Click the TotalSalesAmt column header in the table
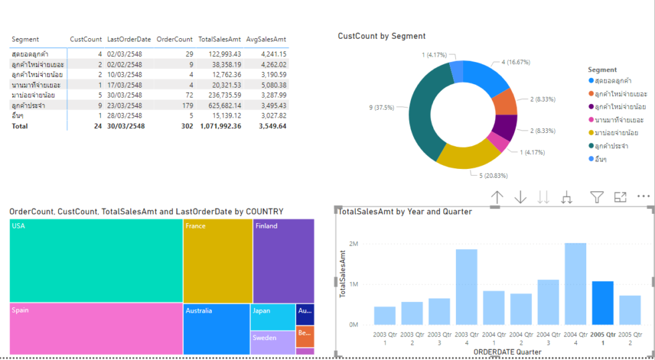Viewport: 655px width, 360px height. click(x=219, y=39)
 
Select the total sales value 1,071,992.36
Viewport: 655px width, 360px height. click(x=220, y=126)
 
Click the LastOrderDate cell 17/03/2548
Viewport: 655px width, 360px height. click(x=124, y=85)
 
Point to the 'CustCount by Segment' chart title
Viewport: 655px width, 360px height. click(x=382, y=36)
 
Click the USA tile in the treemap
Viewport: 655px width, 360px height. click(x=96, y=260)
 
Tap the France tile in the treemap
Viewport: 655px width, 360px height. click(x=218, y=260)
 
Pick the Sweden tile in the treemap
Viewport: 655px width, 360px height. click(x=273, y=342)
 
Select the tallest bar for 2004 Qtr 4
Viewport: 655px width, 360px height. click(x=575, y=284)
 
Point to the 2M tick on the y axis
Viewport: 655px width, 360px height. click(x=354, y=244)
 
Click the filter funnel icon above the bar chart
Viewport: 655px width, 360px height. click(x=597, y=197)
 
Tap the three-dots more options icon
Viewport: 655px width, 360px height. click(x=644, y=197)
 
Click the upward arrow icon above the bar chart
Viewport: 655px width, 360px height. click(x=497, y=197)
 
